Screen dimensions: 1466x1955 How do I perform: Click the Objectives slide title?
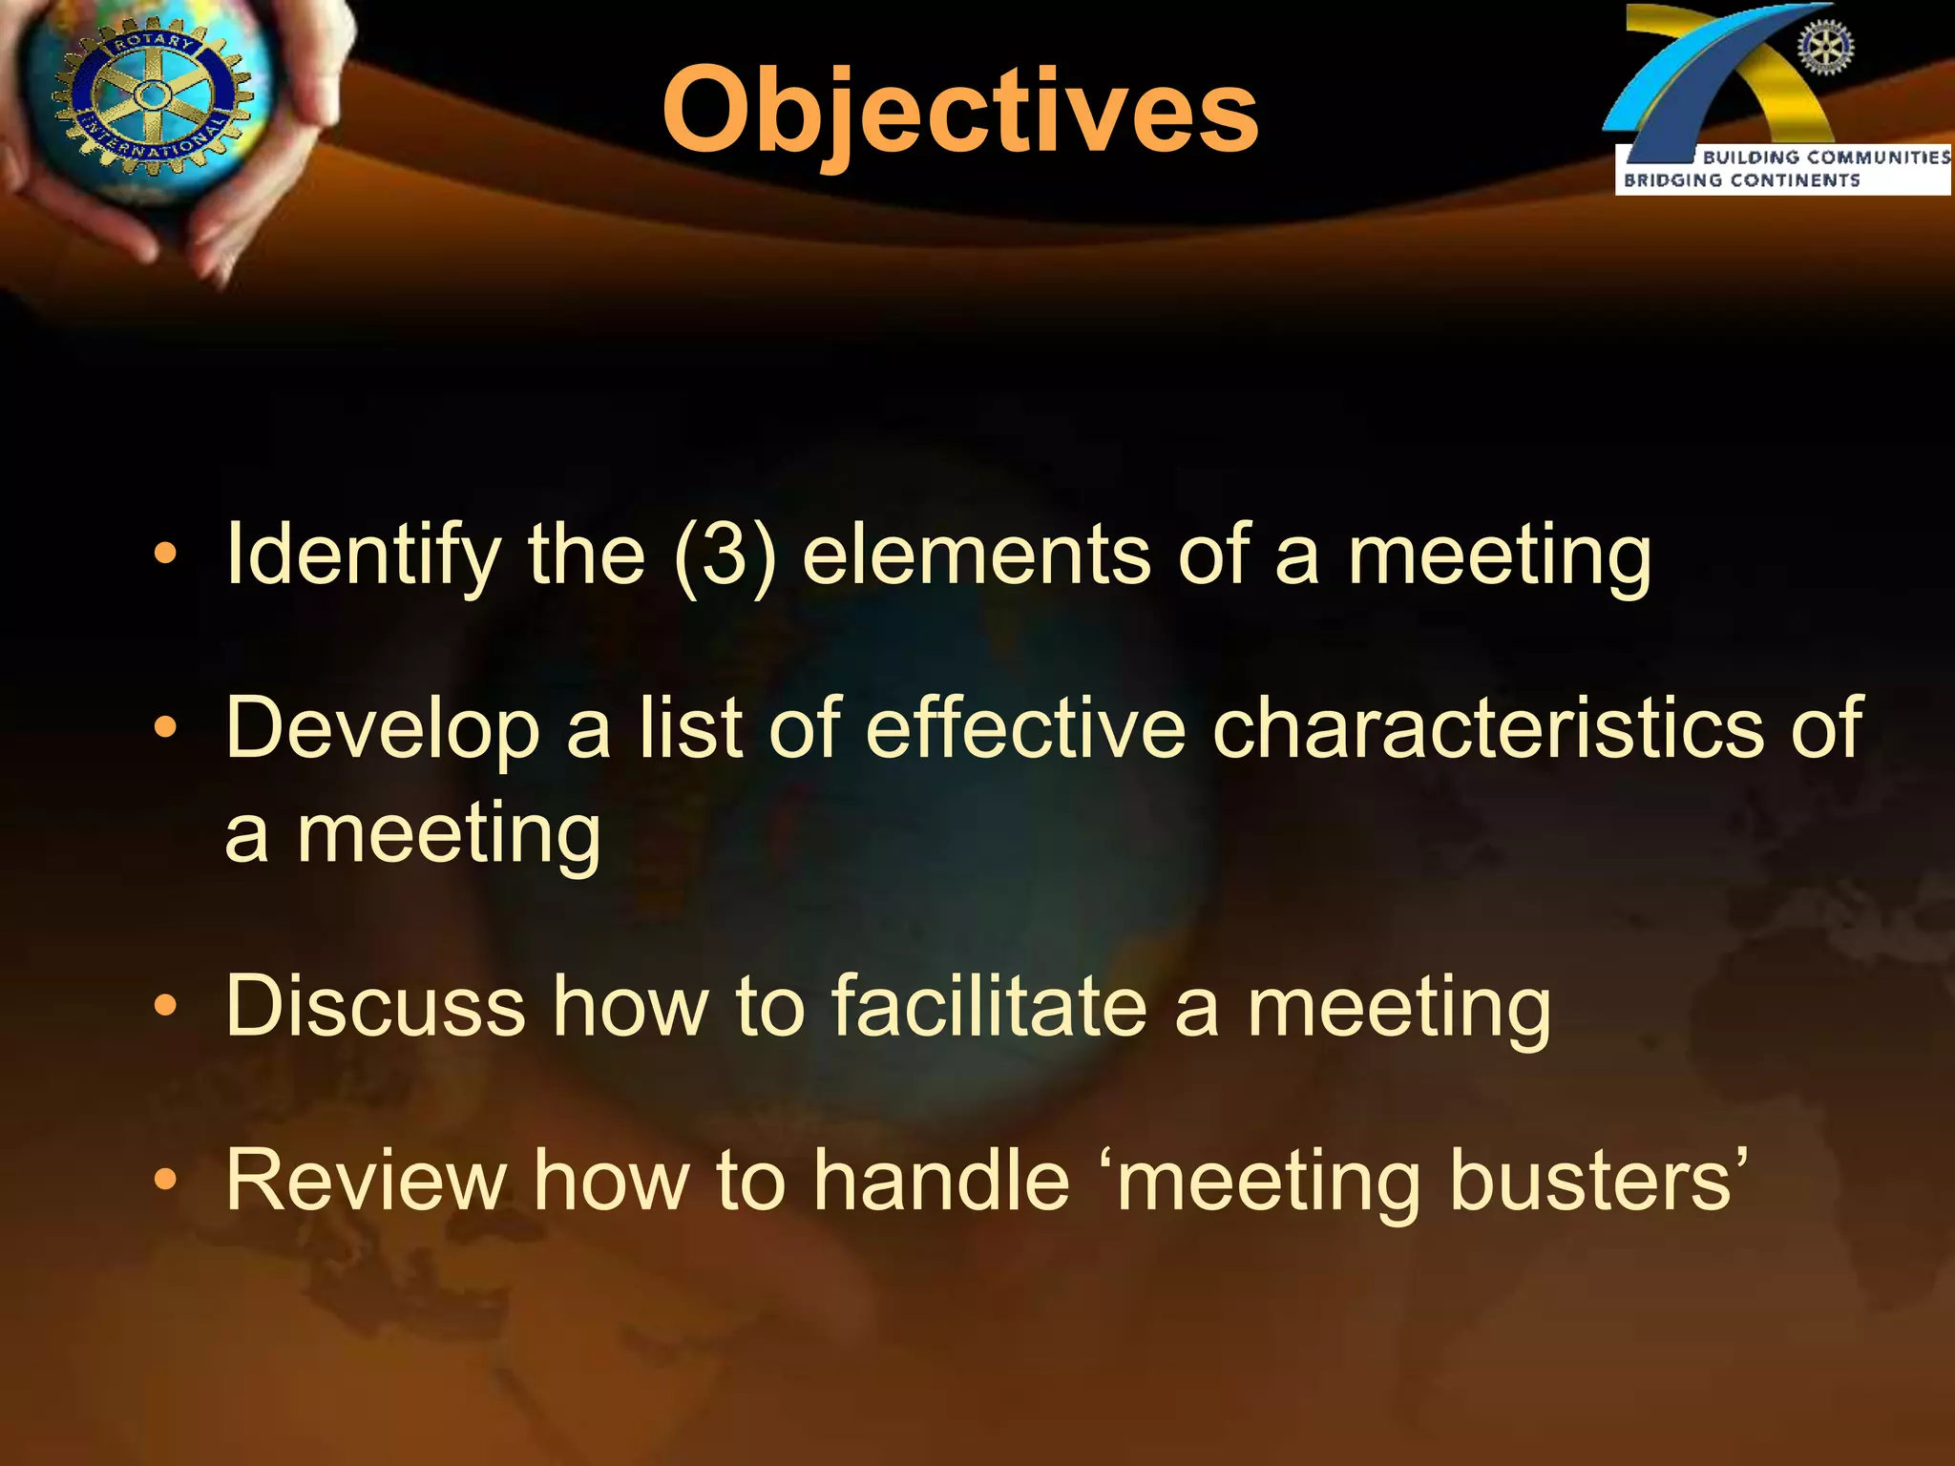[x=960, y=113]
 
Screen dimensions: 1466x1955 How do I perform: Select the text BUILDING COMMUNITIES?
[x=1825, y=157]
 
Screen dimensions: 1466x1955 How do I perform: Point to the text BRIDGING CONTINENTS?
[x=1741, y=180]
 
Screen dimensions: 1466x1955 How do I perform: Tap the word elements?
[x=977, y=555]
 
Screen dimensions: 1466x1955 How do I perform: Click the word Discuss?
[x=375, y=1006]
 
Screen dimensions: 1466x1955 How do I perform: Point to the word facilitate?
[x=989, y=1006]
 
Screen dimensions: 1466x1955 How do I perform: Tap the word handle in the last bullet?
[x=941, y=1182]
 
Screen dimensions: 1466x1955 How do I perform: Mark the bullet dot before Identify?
[x=165, y=555]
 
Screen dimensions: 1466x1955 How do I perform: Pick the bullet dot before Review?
[x=165, y=1181]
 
